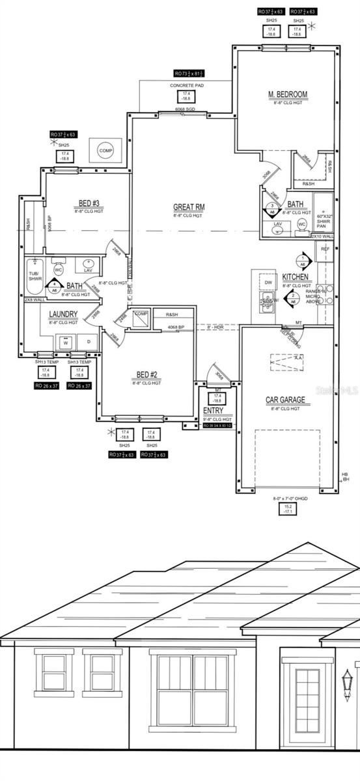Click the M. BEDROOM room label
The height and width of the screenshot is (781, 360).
287,94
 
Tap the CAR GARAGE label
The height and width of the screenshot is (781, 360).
285,400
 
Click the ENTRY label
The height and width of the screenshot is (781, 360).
213,411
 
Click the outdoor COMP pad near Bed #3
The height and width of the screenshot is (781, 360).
105,150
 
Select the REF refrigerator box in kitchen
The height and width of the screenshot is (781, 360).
325,249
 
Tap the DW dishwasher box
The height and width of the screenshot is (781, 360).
268,282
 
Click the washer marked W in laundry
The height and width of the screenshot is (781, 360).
65,342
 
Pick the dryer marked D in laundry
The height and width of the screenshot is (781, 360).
88,342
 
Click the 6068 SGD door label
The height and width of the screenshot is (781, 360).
185,110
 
